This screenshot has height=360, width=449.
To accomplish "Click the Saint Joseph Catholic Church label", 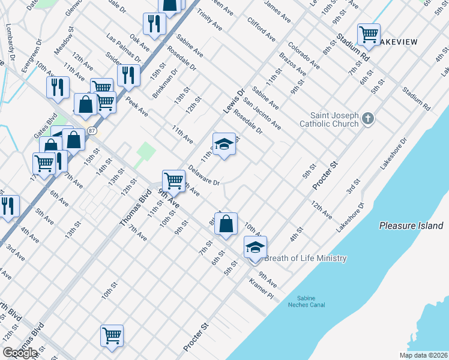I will coord(334,120).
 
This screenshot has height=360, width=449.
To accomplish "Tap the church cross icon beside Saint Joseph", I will coord(369,119).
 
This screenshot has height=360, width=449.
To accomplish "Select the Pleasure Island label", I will coord(411,226).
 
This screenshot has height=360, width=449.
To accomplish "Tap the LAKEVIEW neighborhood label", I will coord(399,41).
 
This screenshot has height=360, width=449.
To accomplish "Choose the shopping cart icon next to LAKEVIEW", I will coord(369,33).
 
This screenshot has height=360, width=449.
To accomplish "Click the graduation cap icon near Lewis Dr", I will coord(224,144).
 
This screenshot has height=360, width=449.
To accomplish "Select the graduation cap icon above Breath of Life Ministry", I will coord(255,247).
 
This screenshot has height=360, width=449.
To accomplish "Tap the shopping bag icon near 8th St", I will coord(226,224).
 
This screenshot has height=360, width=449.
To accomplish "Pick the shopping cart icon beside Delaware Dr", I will coord(173,179).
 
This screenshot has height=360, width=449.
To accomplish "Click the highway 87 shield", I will coord(91,130).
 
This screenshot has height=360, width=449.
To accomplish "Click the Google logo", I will coord(20,353).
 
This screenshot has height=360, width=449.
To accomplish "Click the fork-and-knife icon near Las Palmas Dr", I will coord(128,74).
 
